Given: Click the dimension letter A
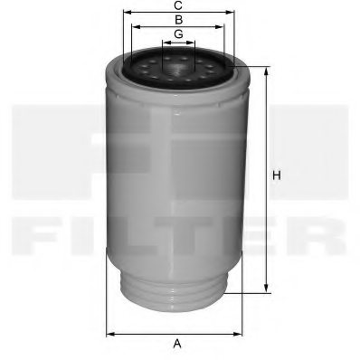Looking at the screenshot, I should click(x=178, y=343).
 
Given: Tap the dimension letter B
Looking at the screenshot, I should click(x=178, y=19).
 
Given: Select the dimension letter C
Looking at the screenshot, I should click(x=178, y=5).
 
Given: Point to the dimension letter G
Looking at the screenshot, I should click(x=178, y=33).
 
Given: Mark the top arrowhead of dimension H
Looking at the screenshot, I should click(x=267, y=69).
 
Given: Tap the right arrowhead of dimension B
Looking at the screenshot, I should click(x=223, y=26).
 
